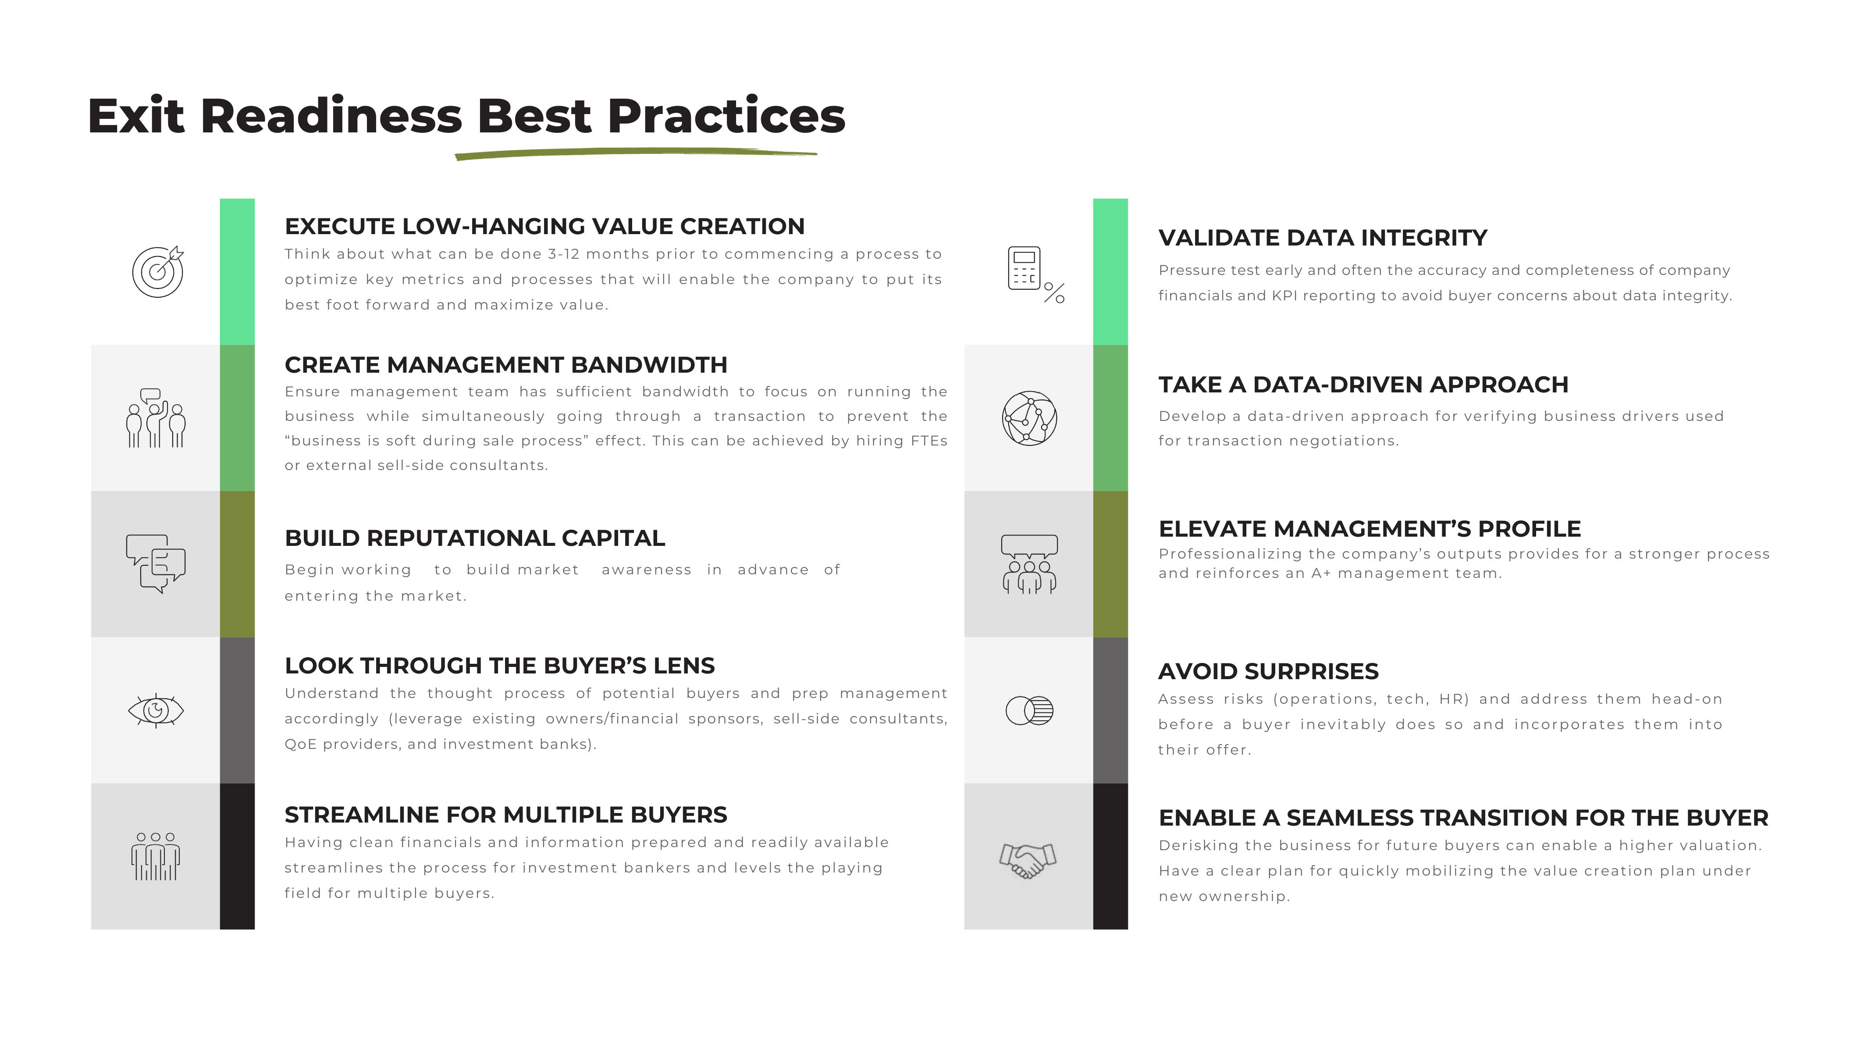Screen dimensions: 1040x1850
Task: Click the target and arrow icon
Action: [x=157, y=271]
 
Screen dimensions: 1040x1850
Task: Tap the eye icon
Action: [x=156, y=710]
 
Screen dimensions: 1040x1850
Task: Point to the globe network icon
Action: [x=1029, y=418]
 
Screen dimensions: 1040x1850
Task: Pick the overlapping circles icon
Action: [x=1029, y=710]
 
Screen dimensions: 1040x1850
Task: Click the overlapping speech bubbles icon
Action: [x=156, y=563]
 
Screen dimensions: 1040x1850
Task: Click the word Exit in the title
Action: [x=136, y=116]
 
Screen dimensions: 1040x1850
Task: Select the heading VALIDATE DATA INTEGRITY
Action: [x=1322, y=238]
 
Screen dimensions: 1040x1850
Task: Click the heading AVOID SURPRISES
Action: [x=1267, y=672]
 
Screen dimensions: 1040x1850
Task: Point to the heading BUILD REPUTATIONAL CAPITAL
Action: [x=474, y=538]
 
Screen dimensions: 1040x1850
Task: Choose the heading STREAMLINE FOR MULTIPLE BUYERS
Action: [x=505, y=815]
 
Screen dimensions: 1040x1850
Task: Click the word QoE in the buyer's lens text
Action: [x=301, y=744]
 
